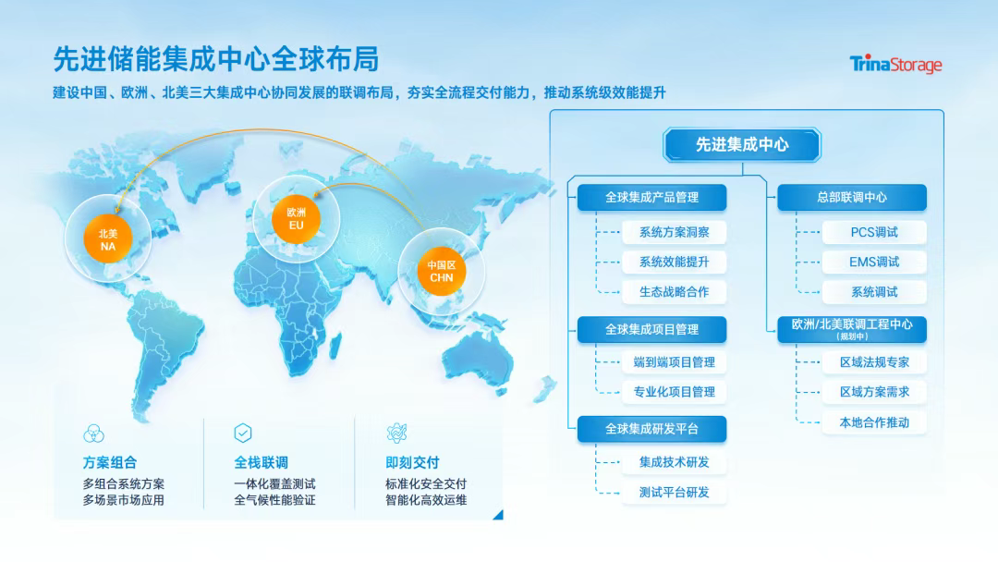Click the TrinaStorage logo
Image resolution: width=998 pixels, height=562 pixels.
tap(895, 65)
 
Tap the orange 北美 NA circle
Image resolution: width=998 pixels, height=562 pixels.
tap(107, 238)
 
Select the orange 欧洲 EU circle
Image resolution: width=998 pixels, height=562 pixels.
tap(296, 218)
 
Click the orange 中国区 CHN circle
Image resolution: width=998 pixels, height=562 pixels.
tap(441, 271)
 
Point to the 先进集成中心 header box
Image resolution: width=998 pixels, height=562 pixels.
tap(742, 144)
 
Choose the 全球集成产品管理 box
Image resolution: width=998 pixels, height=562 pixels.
tap(651, 197)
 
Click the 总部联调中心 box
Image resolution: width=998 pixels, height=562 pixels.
tap(852, 197)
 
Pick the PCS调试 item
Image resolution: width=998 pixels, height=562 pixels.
tap(874, 232)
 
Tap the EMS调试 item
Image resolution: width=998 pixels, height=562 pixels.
tap(874, 262)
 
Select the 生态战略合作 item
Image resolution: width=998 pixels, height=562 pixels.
tap(674, 291)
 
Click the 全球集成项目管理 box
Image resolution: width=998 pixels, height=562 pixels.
tap(651, 330)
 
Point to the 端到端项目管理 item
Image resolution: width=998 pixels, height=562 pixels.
tap(674, 362)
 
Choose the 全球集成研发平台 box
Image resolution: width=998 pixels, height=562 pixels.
tap(651, 429)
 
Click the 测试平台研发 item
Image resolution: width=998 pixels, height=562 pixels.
tap(674, 492)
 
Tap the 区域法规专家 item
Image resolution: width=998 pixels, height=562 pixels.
tap(874, 362)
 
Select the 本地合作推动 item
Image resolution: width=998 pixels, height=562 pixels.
tap(874, 422)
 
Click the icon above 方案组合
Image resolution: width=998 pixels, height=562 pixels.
tap(93, 434)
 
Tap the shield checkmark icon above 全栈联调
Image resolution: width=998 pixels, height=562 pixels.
tap(243, 433)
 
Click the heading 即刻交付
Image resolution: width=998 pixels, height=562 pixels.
tap(412, 463)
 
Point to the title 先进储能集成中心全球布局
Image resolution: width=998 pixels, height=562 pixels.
tap(215, 59)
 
